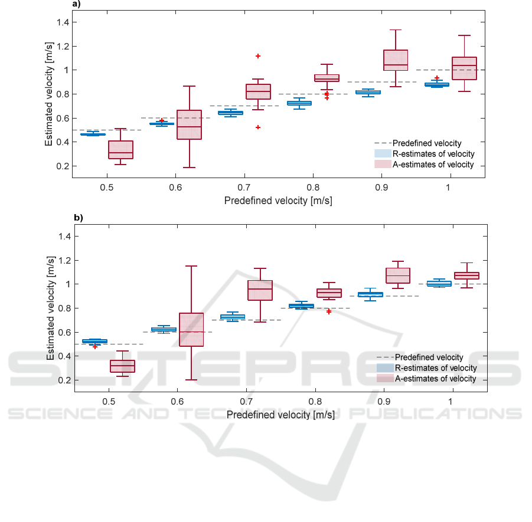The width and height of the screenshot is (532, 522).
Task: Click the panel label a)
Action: click(76, 4)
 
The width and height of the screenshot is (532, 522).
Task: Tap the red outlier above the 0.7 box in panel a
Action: click(258, 56)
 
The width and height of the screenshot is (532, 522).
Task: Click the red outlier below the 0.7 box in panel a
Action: click(258, 127)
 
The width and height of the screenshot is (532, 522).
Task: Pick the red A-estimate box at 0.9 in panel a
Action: click(395, 60)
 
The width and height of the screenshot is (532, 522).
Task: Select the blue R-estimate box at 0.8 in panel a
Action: click(299, 103)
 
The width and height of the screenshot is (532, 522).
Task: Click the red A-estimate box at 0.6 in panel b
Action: click(191, 329)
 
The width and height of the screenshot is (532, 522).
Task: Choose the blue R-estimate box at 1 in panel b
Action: click(439, 284)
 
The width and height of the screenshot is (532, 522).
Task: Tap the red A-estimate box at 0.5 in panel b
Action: click(122, 366)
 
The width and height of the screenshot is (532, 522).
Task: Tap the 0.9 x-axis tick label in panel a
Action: click(381, 188)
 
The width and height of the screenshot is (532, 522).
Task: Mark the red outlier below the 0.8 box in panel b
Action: click(329, 311)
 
